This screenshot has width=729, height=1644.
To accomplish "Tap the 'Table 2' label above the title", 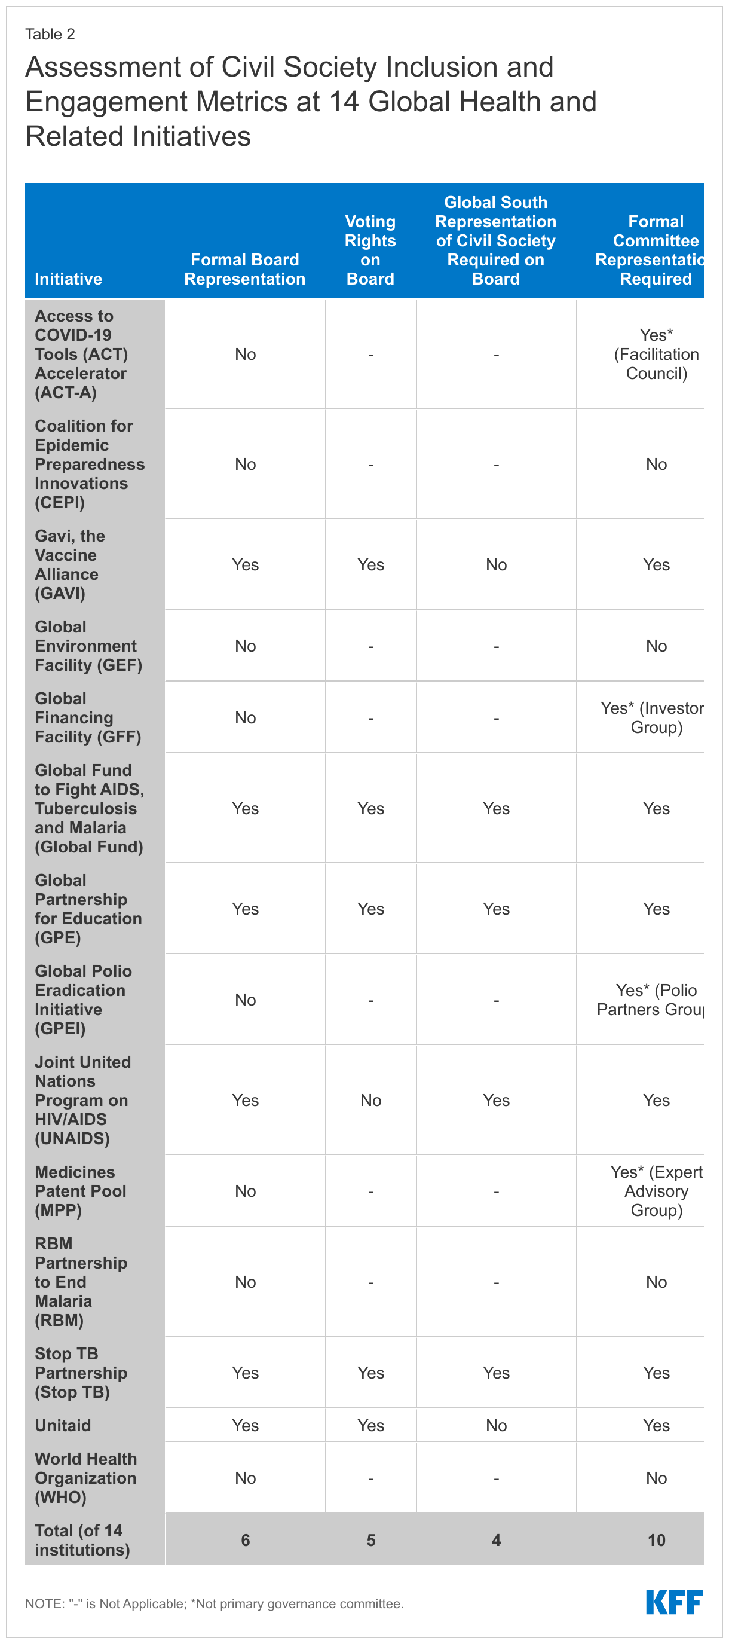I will (x=50, y=35).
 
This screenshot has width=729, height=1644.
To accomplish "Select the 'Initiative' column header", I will (x=68, y=279).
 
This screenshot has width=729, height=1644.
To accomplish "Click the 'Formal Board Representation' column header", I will (x=245, y=270).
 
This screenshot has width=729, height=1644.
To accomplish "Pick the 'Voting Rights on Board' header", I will (x=370, y=250).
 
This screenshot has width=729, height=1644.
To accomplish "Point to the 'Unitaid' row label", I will (x=63, y=1425).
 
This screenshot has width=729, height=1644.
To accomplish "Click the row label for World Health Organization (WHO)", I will (x=85, y=1477).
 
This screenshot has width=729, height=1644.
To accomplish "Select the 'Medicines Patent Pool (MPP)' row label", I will (x=80, y=1191).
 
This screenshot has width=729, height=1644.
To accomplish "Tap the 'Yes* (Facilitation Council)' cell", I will (x=656, y=354).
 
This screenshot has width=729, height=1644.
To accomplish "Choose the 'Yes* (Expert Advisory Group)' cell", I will (x=656, y=1191).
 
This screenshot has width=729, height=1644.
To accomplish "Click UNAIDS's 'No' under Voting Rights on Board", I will (x=370, y=1100).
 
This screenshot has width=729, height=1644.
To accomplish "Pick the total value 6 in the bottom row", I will (x=246, y=1540).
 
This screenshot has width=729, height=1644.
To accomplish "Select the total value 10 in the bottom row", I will (x=656, y=1540).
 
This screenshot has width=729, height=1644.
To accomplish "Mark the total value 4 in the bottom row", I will (x=496, y=1540).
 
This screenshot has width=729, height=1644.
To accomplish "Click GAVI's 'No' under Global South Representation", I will (x=496, y=565).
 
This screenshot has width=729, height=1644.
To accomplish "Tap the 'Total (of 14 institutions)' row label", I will (x=82, y=1540).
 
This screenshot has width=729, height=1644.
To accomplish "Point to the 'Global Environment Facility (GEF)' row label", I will (x=88, y=646).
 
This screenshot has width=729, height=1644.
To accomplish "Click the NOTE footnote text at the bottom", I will (x=215, y=1603).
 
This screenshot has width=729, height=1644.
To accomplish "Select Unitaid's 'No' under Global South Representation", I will (x=496, y=1425).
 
